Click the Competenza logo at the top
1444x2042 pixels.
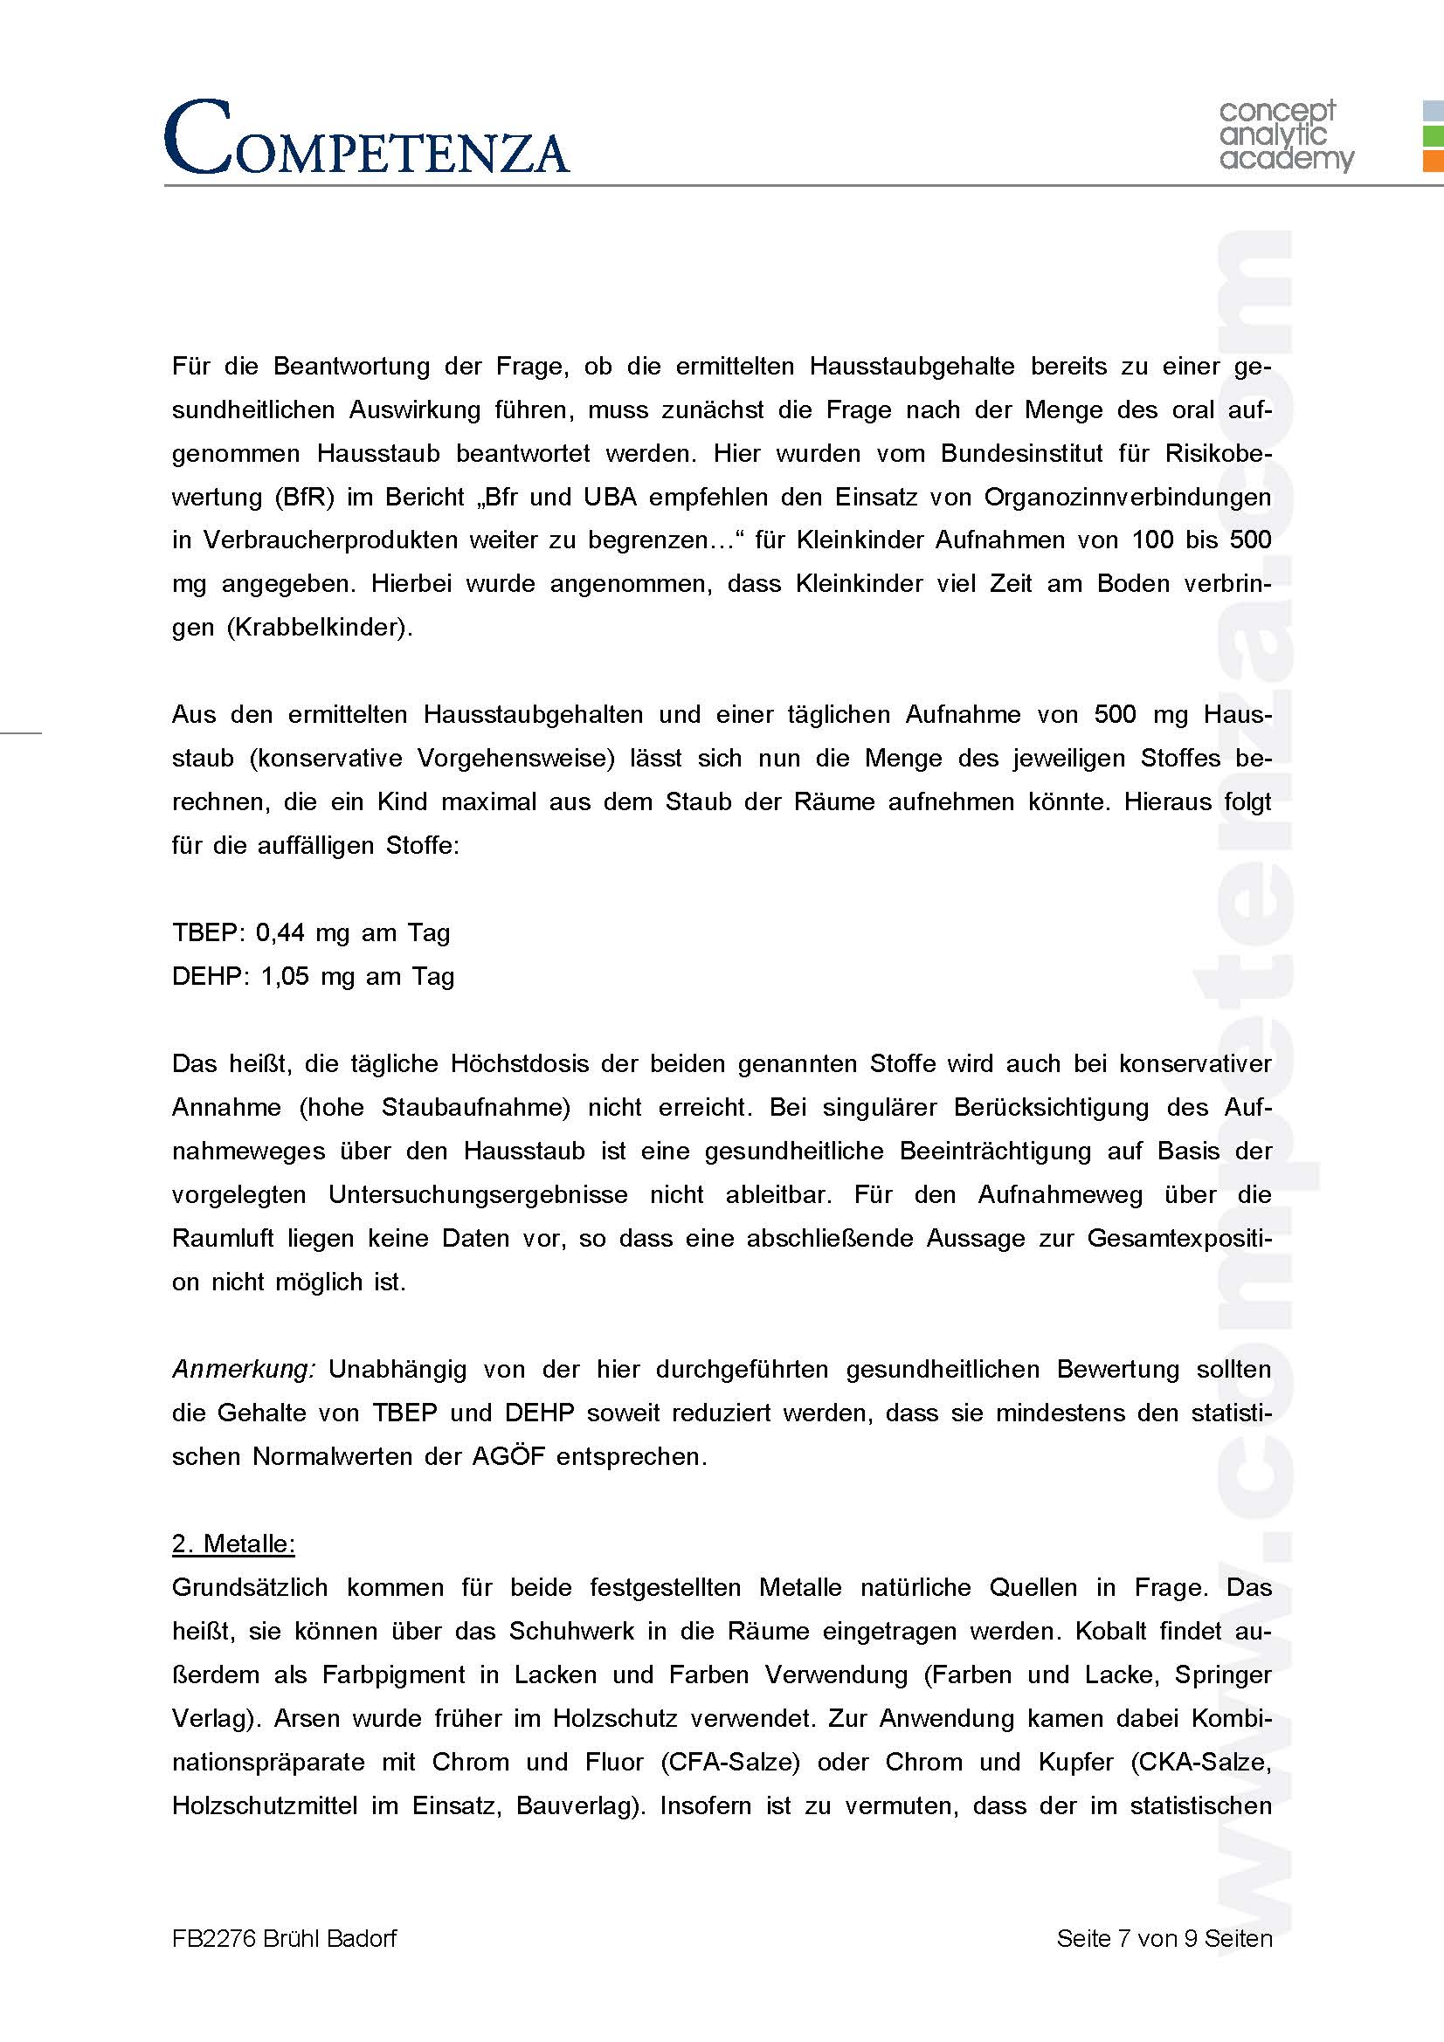click(x=366, y=138)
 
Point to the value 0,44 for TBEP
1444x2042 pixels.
click(x=280, y=933)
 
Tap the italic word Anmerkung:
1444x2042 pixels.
click(x=243, y=1369)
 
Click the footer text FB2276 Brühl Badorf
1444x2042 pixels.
click(x=284, y=1939)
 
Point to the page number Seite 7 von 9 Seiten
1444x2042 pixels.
click(x=1164, y=1939)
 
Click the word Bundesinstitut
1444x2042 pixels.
click(x=1021, y=454)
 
